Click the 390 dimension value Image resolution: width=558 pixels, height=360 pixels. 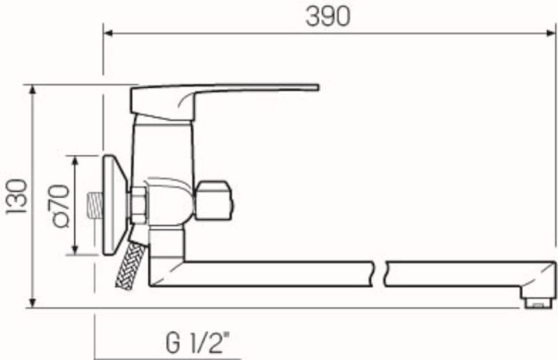pyautogui.click(x=328, y=17)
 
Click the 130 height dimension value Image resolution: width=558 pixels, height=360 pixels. pyautogui.click(x=17, y=196)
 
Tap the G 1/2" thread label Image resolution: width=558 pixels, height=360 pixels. pyautogui.click(x=197, y=343)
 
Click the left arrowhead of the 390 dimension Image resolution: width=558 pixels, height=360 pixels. pyautogui.click(x=107, y=33)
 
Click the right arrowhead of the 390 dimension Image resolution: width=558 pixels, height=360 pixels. pyautogui.click(x=551, y=33)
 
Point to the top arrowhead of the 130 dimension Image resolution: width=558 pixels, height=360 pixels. pyautogui.click(x=32, y=89)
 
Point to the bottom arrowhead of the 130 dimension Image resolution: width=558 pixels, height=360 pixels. pyautogui.click(x=32, y=303)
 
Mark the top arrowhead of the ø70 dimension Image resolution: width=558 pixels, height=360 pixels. pyautogui.click(x=75, y=160)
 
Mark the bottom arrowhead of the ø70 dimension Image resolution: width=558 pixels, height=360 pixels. pyautogui.click(x=75, y=250)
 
